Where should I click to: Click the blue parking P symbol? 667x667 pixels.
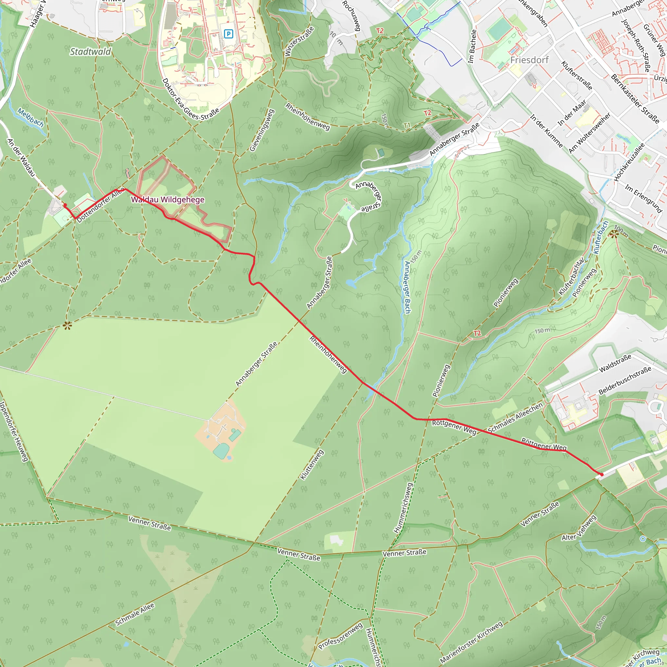[228, 34]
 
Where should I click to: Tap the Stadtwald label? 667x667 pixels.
[91, 52]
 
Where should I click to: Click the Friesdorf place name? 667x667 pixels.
[529, 60]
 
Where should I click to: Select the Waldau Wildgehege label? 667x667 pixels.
[168, 200]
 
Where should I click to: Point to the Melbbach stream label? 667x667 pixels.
[31, 117]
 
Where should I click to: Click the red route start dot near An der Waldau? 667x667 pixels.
[65, 205]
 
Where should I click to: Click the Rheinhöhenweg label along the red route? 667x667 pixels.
[328, 354]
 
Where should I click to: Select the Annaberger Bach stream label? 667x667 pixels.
[408, 287]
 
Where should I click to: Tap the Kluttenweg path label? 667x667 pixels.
[312, 464]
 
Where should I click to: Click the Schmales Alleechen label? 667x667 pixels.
[516, 418]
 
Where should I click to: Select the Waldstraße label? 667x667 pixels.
[615, 363]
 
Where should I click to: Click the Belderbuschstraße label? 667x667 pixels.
[625, 380]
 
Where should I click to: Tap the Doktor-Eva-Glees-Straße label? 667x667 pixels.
[191, 99]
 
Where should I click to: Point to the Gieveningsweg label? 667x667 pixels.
[262, 130]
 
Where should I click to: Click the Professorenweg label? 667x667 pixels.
[340, 636]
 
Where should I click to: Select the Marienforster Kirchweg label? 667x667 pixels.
[471, 643]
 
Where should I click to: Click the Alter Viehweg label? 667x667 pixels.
[579, 528]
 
